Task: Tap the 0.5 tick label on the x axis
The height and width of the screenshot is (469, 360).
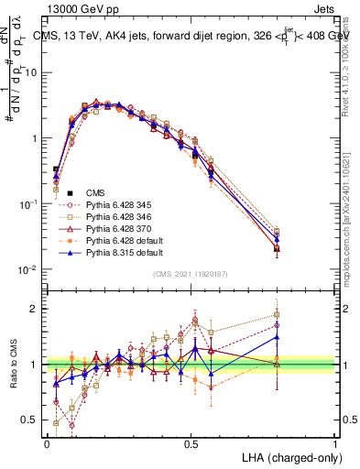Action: (191, 442)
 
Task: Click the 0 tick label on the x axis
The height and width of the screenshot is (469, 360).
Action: (47, 442)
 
